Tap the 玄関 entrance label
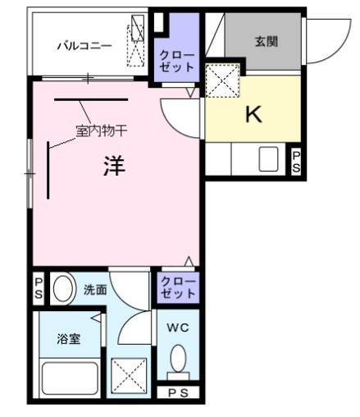[264, 40]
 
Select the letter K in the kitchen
[253, 114]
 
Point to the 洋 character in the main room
[113, 167]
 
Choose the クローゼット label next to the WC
[177, 288]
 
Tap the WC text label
[177, 328]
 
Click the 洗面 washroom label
[94, 289]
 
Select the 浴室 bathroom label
[68, 338]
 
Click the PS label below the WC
[178, 392]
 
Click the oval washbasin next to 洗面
[63, 289]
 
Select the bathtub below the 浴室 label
[69, 379]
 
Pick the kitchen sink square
[269, 158]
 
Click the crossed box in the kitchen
[221, 81]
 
